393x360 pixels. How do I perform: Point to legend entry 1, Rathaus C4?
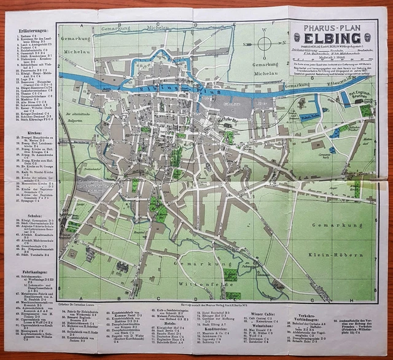(x=28, y=36)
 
